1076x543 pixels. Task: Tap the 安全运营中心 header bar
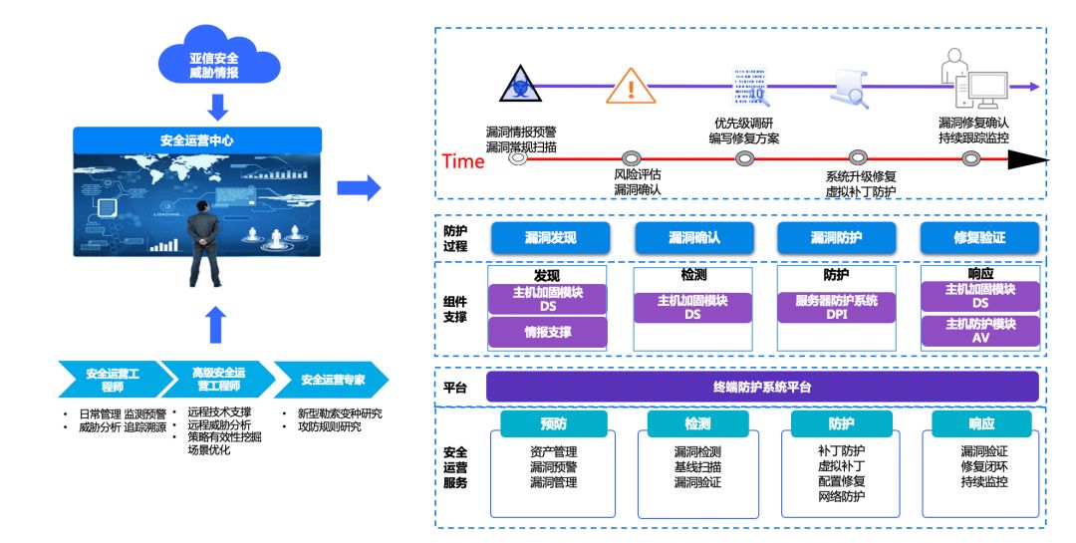(196, 140)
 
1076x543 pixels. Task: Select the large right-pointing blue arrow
(359, 186)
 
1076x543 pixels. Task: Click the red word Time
(463, 161)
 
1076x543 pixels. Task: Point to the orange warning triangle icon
(631, 87)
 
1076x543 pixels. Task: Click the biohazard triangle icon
(519, 87)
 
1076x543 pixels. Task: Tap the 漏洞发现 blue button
(551, 239)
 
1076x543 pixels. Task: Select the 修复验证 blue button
(980, 239)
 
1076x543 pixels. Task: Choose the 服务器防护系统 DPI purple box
(836, 307)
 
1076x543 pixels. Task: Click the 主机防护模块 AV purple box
(980, 331)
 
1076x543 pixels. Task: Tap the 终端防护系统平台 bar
(762, 386)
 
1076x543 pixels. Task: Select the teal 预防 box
(553, 423)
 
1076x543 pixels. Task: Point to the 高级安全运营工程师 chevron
(218, 380)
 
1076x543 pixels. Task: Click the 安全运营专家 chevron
(332, 380)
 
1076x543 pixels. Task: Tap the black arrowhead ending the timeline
(1025, 159)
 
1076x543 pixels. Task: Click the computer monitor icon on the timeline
(976, 89)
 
